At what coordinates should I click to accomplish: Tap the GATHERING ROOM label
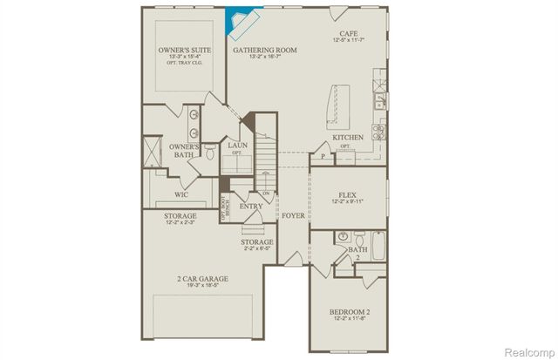265,51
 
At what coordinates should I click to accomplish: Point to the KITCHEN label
347,138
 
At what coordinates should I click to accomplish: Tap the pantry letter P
323,156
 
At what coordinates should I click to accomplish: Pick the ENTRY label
251,207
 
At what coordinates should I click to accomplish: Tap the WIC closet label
181,195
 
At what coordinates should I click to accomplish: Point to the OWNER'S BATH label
184,151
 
